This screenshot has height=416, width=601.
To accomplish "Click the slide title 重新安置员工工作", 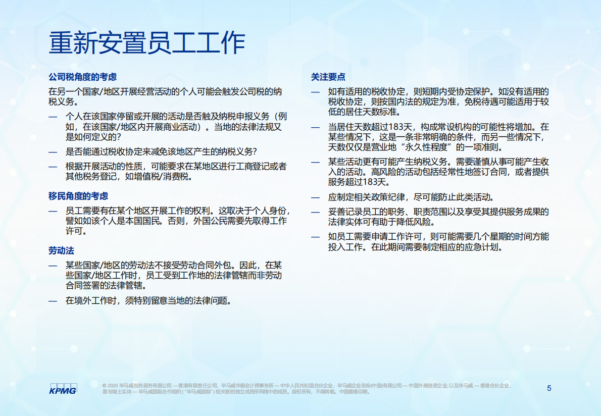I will (146, 43).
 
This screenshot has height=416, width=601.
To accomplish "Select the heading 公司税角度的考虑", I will (82, 77).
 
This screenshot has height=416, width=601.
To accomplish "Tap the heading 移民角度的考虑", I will (78, 196).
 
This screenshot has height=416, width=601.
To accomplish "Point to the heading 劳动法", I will (62, 251).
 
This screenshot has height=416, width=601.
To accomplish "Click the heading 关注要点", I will (328, 77).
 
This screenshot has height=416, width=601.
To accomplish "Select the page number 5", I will (549, 388).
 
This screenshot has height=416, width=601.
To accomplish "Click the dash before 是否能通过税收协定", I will (53, 151).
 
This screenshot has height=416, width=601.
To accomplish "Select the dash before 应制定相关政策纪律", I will (316, 197).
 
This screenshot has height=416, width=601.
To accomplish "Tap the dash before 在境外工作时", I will (53, 301).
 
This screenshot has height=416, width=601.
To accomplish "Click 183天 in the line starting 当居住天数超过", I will (402, 127).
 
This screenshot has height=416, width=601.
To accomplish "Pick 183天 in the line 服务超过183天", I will (374, 182).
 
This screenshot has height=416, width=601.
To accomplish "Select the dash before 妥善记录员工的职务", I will (316, 212).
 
